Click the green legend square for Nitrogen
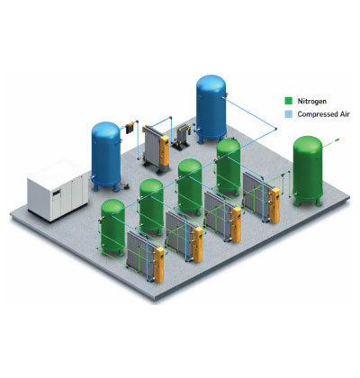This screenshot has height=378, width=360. [x=288, y=101]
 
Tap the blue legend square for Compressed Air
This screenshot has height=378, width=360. [x=288, y=114]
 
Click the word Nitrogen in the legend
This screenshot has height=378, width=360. [x=312, y=101]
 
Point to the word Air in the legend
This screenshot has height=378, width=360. [x=345, y=114]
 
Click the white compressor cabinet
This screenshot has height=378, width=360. [x=58, y=190]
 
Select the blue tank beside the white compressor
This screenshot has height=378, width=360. [x=106, y=156]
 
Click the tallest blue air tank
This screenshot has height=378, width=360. [x=211, y=109]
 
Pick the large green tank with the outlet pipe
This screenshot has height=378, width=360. [x=308, y=171]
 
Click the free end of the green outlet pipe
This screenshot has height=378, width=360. [x=337, y=139]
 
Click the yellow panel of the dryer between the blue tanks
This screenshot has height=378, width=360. [x=165, y=150]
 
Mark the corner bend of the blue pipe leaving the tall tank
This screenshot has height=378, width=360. [x=275, y=129]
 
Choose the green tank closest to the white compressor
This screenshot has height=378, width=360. [x=112, y=228]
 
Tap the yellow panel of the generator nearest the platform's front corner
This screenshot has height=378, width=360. [x=158, y=265]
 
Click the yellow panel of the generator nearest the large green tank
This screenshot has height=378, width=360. [x=274, y=205]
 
